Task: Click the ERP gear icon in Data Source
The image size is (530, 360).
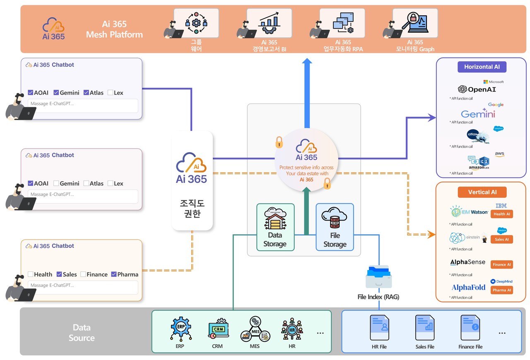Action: pos(181,329)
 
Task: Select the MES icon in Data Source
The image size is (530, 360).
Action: pos(255,329)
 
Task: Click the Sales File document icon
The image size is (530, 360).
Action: pos(425,328)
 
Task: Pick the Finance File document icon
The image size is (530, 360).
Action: pos(470,328)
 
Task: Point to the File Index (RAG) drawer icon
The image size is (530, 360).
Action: pos(378,277)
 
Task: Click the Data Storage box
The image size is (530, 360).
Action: pos(275,227)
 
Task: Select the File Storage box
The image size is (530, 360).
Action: pos(335,227)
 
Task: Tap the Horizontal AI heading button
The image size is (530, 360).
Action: pos(482,67)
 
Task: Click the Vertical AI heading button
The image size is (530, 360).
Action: pos(482,192)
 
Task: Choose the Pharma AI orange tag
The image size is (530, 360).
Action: pos(501,290)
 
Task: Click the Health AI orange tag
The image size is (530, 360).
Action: pos(501,214)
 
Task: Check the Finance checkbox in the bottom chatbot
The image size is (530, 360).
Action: pos(83,274)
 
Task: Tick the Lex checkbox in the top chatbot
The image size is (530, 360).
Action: pos(111,93)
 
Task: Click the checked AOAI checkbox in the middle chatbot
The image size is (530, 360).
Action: pos(31,183)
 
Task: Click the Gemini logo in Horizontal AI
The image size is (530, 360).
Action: pos(478,114)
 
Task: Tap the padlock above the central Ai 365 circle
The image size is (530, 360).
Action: pos(279,142)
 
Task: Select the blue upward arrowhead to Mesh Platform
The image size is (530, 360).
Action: pos(307,62)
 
